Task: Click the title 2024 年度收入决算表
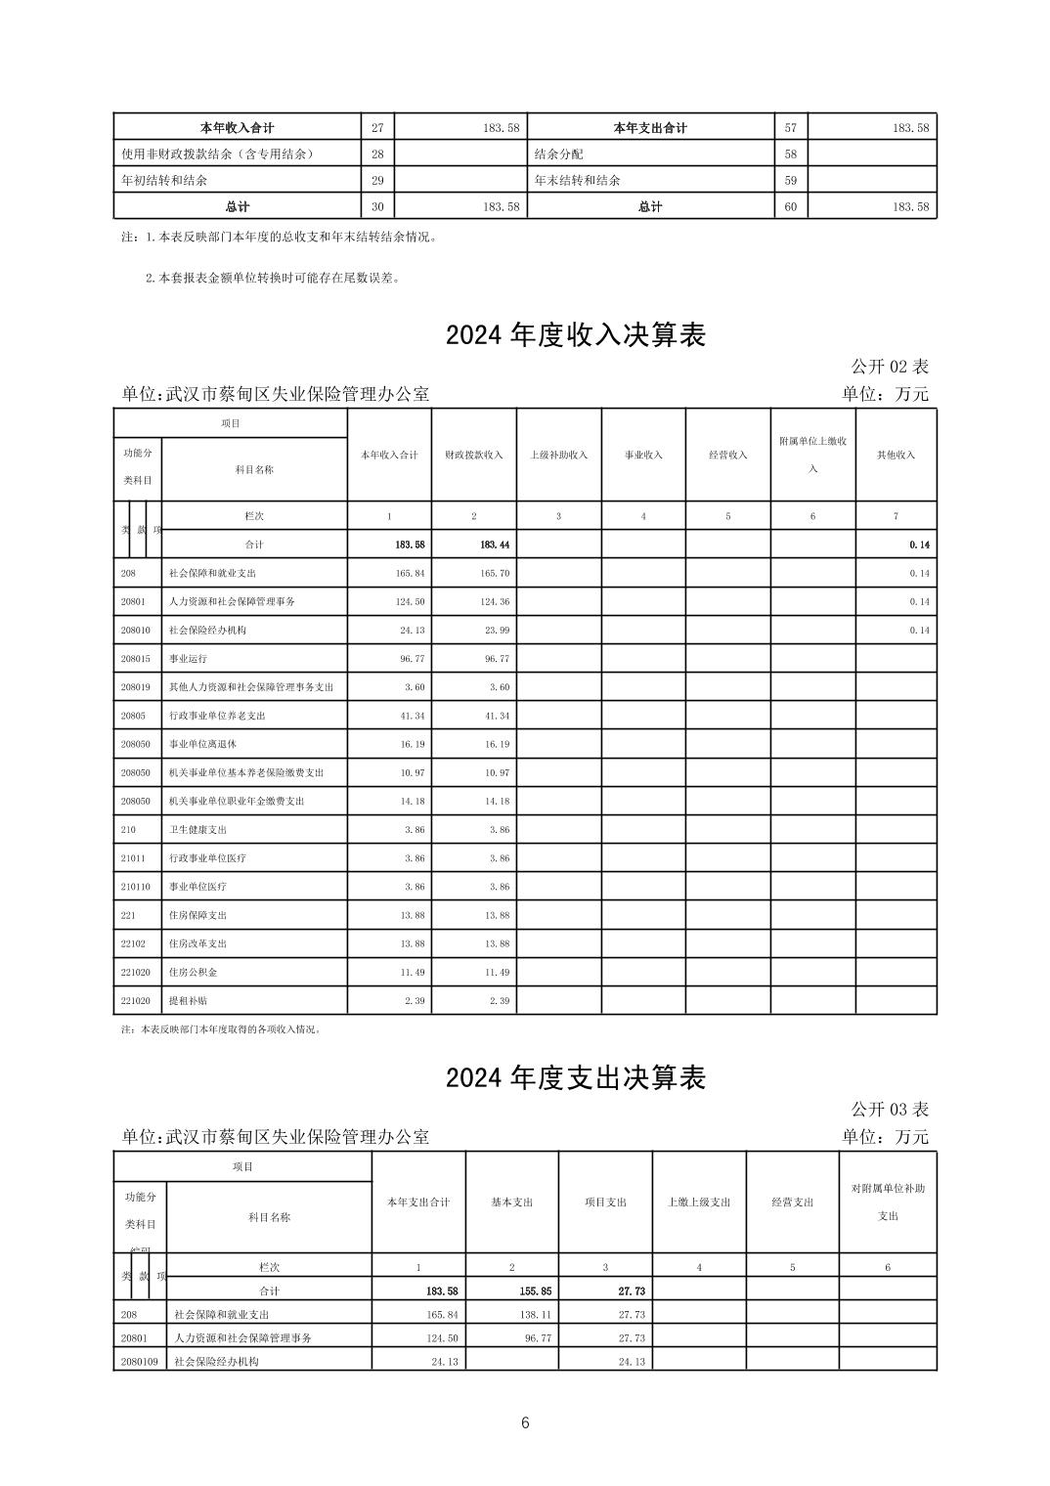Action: (x=575, y=335)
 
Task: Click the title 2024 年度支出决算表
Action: (x=575, y=1077)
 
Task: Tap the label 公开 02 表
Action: (x=889, y=367)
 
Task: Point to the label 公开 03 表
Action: (x=889, y=1109)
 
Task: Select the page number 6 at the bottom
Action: (x=525, y=1422)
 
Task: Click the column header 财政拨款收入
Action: (x=474, y=455)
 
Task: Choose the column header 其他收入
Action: (x=896, y=455)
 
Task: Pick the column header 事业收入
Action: (x=643, y=455)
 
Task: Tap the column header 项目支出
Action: (x=605, y=1202)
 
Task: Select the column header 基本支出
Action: (x=511, y=1202)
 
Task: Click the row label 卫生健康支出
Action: (x=197, y=829)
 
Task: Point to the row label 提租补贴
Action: (x=188, y=1001)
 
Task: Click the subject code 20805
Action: (x=133, y=716)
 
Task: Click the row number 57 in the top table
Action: (x=791, y=128)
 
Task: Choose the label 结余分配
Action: (x=558, y=154)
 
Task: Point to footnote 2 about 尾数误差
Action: (x=273, y=278)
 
